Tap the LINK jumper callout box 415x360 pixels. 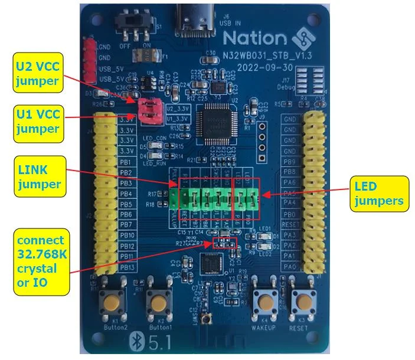click(40, 176)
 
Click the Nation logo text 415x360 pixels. click(254, 39)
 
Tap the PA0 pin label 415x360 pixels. click(289, 267)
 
